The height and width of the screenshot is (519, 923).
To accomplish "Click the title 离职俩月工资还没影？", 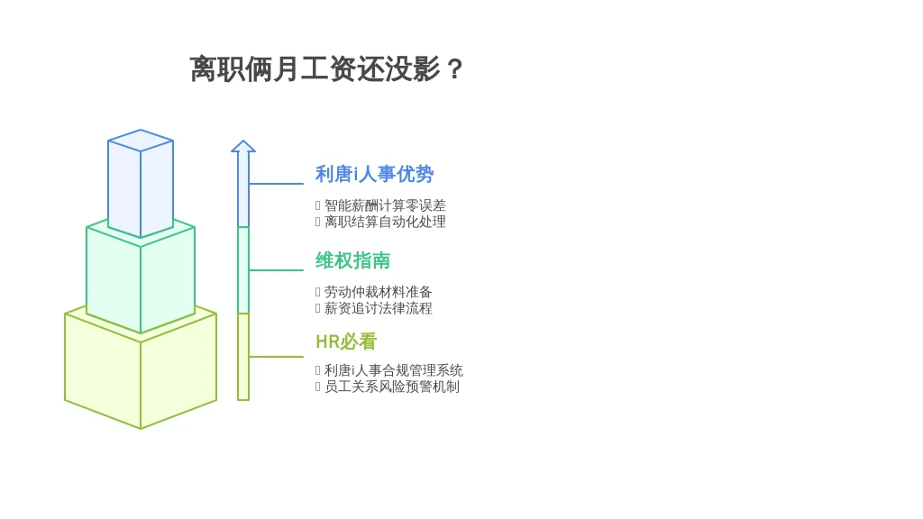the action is click(326, 68).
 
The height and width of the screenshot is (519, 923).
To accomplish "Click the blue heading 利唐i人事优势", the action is click(374, 174).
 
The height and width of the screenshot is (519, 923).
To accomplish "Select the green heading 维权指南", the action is click(352, 260).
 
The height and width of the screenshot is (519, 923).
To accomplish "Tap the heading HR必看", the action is click(346, 341).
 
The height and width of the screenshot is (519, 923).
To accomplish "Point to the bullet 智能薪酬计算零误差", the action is click(385, 205).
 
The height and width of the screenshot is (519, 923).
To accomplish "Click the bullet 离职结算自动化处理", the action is click(385, 222).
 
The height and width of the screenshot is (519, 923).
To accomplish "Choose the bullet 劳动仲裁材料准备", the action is click(378, 292).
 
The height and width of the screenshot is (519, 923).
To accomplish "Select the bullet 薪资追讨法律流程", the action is click(378, 308).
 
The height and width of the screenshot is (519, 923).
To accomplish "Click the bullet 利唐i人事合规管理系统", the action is click(393, 370).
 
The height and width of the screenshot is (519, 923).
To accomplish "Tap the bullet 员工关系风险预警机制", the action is click(391, 387).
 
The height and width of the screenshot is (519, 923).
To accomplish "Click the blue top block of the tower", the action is click(141, 183).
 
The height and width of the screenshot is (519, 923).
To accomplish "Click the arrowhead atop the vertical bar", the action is click(243, 146).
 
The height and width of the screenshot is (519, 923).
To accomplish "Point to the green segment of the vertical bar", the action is click(243, 270).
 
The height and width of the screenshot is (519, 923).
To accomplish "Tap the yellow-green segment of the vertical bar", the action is click(243, 357).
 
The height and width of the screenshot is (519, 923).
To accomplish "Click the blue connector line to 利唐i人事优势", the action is click(276, 184).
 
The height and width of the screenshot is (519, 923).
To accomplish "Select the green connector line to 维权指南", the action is click(276, 270).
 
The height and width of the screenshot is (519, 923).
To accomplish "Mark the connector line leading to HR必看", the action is click(276, 357).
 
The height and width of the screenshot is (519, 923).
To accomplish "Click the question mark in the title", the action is click(454, 69).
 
